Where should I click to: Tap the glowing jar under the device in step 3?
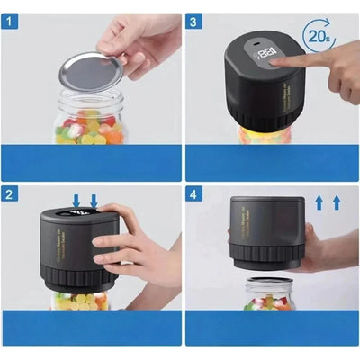(265, 137)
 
